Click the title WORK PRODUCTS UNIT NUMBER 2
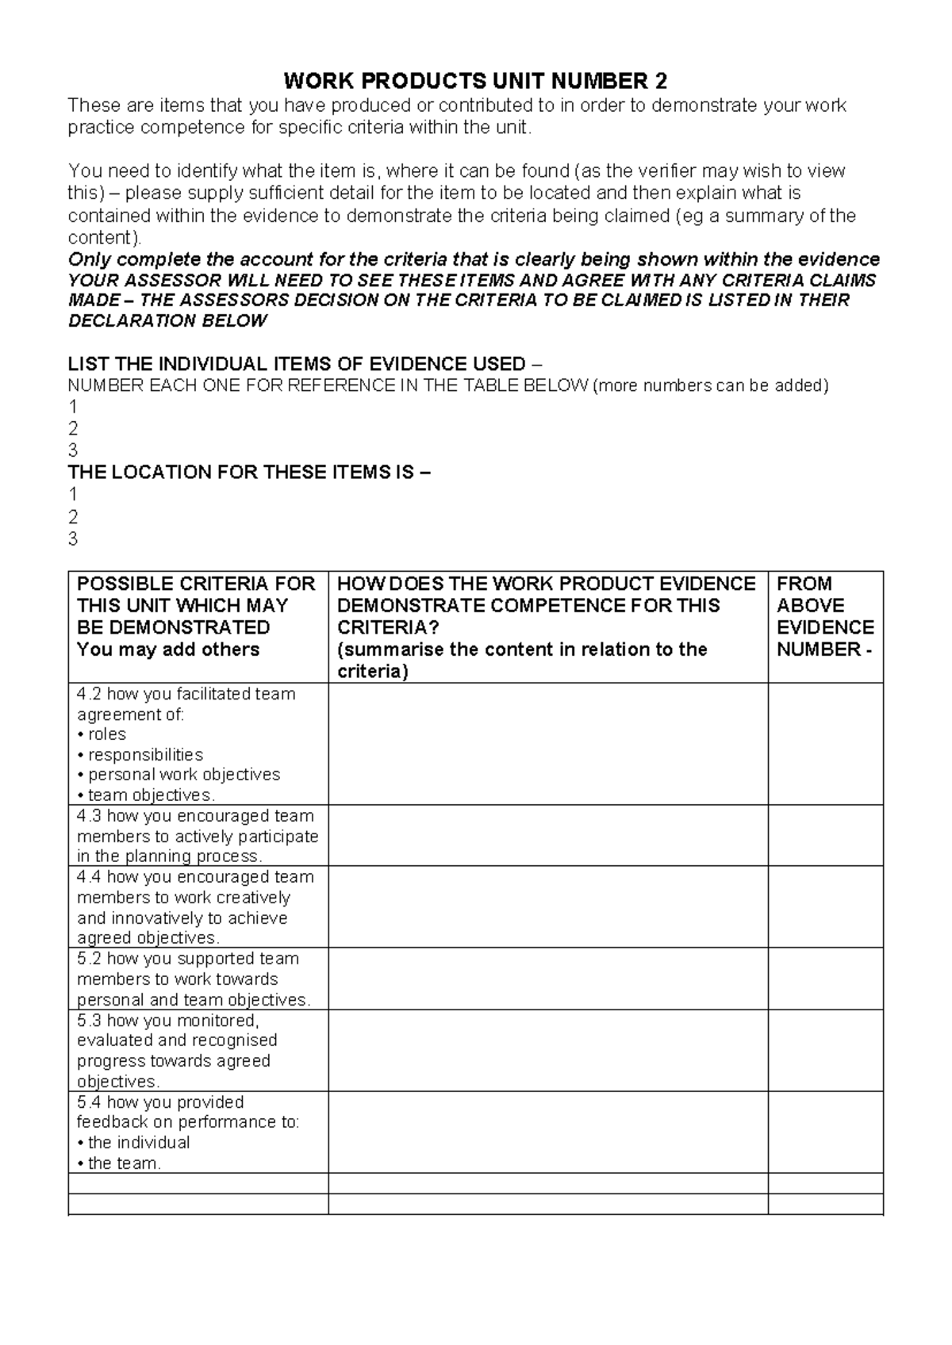coord(475,81)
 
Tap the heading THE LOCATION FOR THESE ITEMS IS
coord(249,473)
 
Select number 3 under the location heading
coord(73,539)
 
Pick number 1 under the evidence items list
coord(73,407)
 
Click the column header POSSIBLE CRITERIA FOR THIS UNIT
coord(197,616)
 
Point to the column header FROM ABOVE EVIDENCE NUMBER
coord(824,616)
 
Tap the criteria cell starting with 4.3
coord(198,836)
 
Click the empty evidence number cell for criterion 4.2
coord(825,744)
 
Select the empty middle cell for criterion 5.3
coord(547,1051)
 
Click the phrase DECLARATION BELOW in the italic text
coord(167,321)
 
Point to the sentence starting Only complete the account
coord(474,259)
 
